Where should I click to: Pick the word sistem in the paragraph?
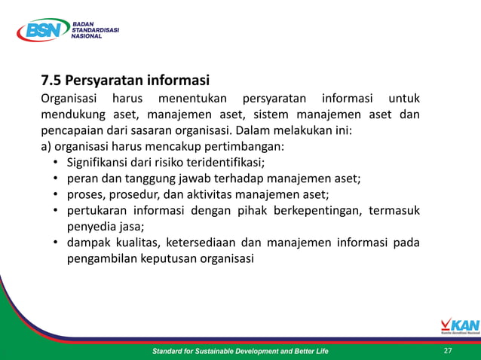(271, 114)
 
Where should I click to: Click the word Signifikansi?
(102, 162)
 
